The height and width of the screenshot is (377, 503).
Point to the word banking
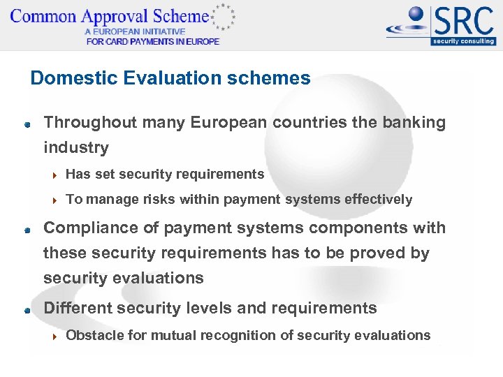414,123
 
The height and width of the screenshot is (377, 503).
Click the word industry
76,148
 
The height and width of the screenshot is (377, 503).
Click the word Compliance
87,228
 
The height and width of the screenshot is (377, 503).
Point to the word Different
75,309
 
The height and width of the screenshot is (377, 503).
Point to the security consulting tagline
463,41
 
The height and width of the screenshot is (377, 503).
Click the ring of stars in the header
224,17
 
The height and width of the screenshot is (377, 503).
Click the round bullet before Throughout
26,124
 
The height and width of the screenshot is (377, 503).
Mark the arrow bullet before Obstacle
55,337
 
